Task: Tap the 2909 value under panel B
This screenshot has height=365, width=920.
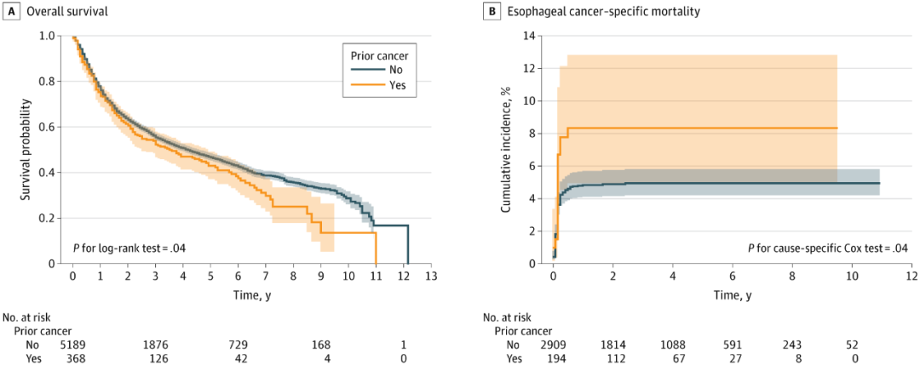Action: [x=555, y=344]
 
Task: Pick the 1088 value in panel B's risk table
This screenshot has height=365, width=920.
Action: [x=673, y=344]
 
